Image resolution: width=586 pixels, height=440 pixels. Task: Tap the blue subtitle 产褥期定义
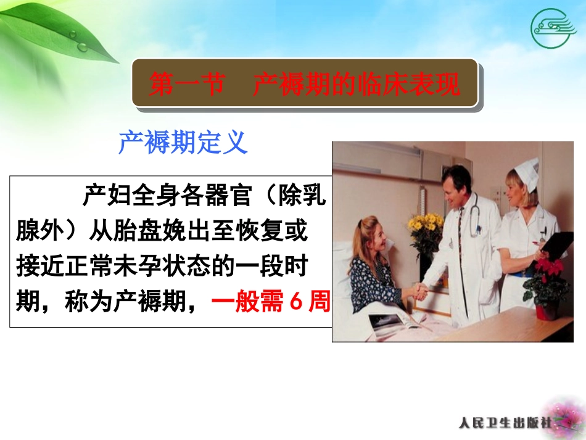[x=183, y=143]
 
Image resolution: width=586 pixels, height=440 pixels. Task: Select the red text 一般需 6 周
[x=270, y=303]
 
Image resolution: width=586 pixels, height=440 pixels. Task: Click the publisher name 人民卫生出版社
[x=508, y=423]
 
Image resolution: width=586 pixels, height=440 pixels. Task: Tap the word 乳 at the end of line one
[x=315, y=197]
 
